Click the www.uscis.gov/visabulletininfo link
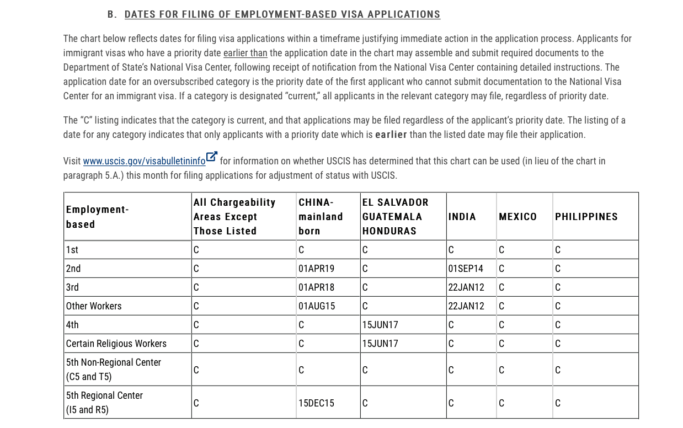pyautogui.click(x=144, y=161)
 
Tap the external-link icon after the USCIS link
pyautogui.click(x=212, y=157)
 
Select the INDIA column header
pyautogui.click(x=462, y=217)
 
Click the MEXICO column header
pyautogui.click(x=517, y=217)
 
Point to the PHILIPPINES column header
pyautogui.click(x=586, y=217)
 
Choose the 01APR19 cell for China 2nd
pyautogui.click(x=316, y=269)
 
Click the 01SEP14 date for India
pyautogui.click(x=466, y=269)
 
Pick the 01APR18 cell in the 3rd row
pyautogui.click(x=316, y=287)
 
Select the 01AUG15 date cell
pyautogui.click(x=317, y=306)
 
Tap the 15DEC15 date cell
pyautogui.click(x=316, y=403)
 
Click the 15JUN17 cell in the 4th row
pyautogui.click(x=380, y=325)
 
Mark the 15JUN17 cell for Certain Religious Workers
pyautogui.click(x=380, y=344)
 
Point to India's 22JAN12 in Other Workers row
pyautogui.click(x=466, y=306)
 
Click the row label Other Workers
pyautogui.click(x=94, y=306)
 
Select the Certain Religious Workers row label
pyautogui.click(x=116, y=344)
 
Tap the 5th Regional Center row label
pyautogui.click(x=104, y=403)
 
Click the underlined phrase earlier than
pyautogui.click(x=245, y=53)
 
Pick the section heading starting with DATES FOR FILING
pyautogui.click(x=282, y=14)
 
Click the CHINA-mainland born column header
pyautogui.click(x=321, y=217)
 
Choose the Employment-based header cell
pyautogui.click(x=97, y=217)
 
